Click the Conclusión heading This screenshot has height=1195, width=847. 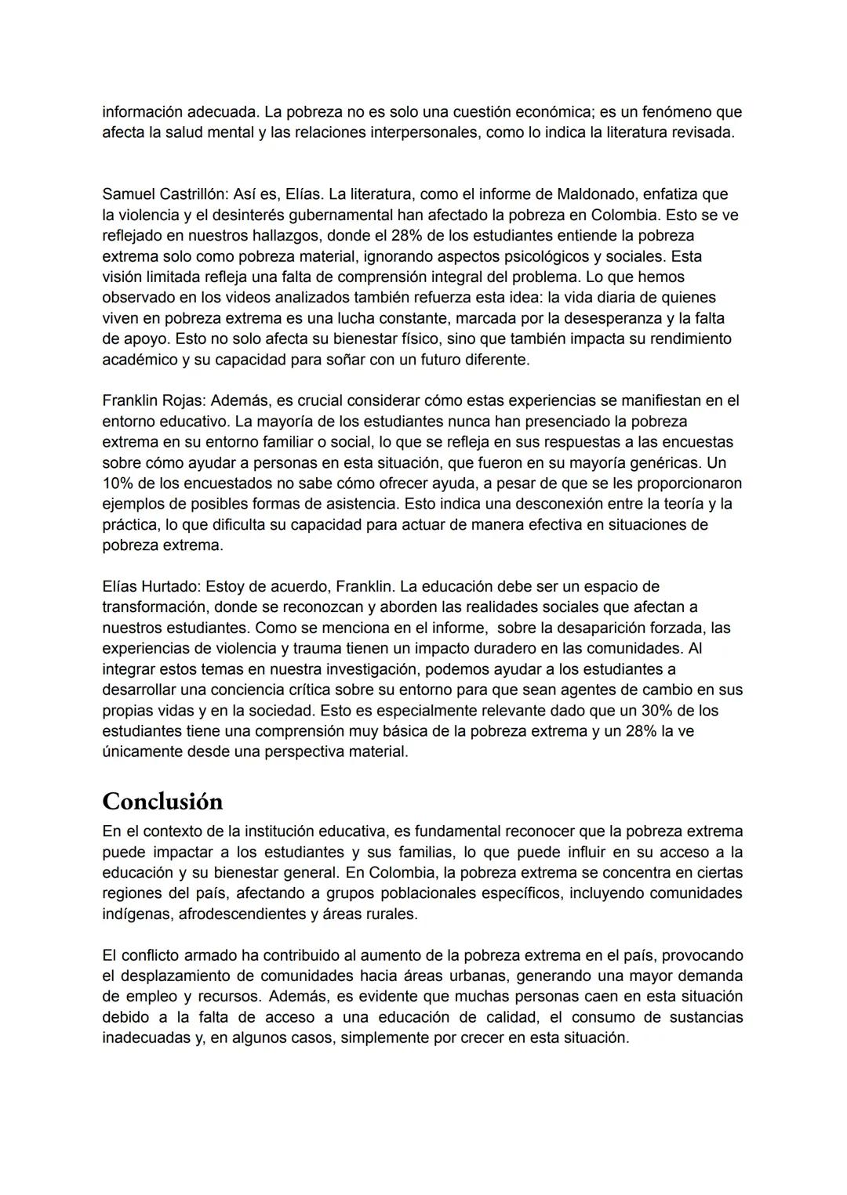(x=162, y=802)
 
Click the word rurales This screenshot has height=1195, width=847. (x=392, y=914)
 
